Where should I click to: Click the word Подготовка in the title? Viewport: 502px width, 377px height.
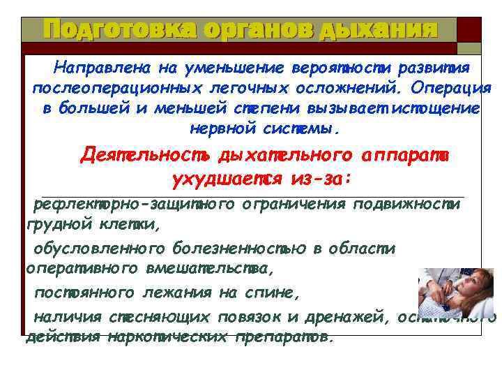tap(112, 30)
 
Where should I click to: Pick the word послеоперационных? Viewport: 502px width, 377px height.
tap(117, 89)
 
